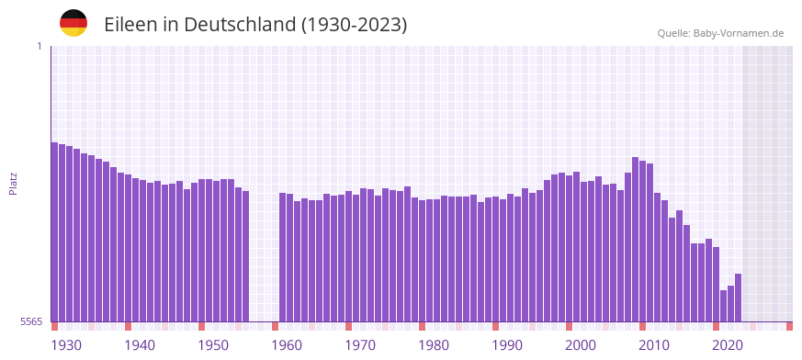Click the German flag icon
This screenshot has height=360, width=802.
coord(73,23)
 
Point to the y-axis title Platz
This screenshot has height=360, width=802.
coord(13,183)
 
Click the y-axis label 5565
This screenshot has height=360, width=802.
coord(30,321)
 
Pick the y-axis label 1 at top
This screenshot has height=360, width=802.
coord(39,46)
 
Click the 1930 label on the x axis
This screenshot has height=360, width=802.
coord(66,345)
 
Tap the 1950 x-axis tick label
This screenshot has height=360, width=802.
coord(213,345)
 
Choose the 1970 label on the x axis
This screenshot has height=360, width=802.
coord(360,345)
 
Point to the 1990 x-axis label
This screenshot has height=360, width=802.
coord(507,345)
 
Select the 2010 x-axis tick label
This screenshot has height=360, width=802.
coord(654,345)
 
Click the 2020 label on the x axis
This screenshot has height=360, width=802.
coord(728,345)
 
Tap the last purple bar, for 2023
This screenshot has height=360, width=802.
coord(739,298)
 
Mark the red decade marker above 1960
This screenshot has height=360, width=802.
coord(275,326)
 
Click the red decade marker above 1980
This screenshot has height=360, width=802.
coord(422,326)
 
